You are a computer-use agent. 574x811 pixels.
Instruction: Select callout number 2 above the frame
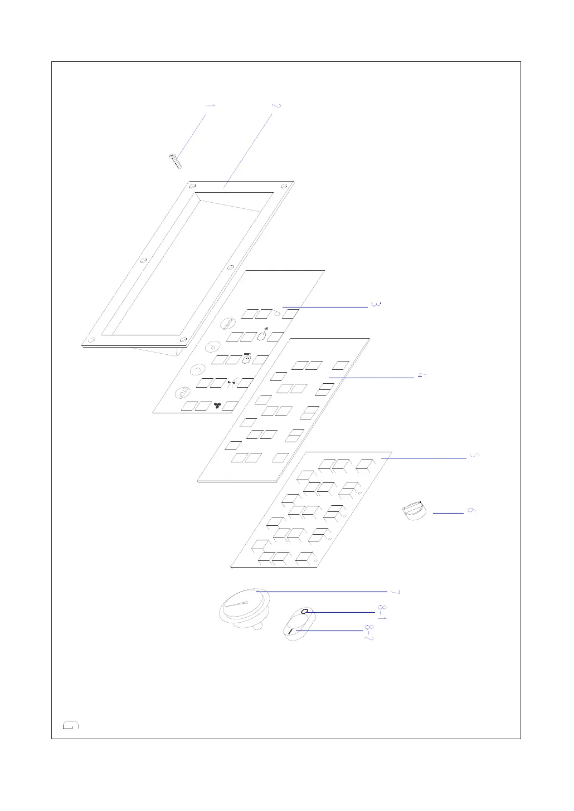click(x=276, y=105)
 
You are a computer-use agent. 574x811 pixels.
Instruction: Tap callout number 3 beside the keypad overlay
click(x=376, y=305)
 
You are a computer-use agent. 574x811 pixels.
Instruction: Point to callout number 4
click(x=422, y=376)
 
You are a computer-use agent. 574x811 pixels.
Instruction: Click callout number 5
click(x=474, y=456)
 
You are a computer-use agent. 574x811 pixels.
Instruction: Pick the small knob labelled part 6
click(x=414, y=511)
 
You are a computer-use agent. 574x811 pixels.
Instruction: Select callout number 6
click(x=471, y=511)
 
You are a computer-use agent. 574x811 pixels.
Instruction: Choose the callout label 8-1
click(x=382, y=612)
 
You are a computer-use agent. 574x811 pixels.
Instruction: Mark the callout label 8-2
click(x=368, y=632)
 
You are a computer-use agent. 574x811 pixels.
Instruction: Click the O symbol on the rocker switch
click(x=304, y=612)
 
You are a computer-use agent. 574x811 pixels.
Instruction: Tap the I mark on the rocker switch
click(x=291, y=631)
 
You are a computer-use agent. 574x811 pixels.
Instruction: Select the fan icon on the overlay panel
click(x=217, y=405)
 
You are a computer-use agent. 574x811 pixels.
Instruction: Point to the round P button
click(x=212, y=346)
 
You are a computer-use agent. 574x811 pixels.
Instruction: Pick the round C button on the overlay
click(x=197, y=369)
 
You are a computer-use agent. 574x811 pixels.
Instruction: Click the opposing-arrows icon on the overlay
click(x=232, y=383)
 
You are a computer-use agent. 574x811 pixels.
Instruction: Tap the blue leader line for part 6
click(x=448, y=512)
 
